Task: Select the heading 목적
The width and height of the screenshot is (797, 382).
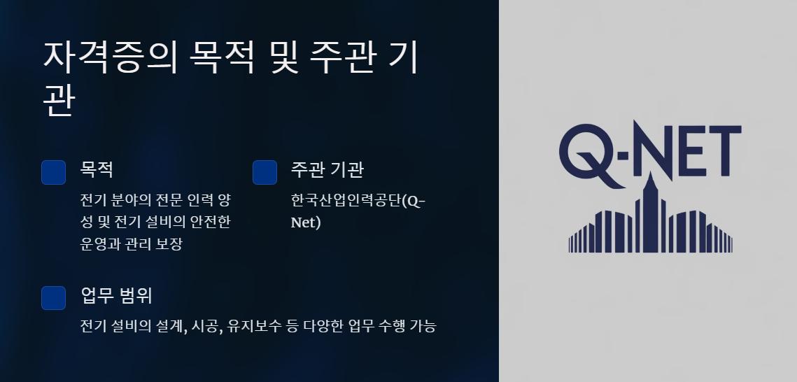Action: (x=97, y=169)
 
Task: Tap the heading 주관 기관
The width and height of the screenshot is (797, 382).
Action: (x=327, y=169)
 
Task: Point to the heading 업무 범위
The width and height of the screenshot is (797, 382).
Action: (x=117, y=295)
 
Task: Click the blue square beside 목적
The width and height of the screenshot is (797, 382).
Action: (x=54, y=173)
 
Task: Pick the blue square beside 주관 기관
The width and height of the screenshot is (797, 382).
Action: (x=265, y=173)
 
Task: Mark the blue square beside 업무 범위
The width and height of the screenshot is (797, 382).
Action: (x=54, y=298)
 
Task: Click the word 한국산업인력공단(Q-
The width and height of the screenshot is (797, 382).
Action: (x=358, y=201)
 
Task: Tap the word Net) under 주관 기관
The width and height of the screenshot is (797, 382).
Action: (x=306, y=223)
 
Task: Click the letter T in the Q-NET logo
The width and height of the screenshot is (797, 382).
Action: (x=723, y=150)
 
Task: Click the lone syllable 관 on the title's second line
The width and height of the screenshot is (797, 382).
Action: (x=58, y=102)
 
